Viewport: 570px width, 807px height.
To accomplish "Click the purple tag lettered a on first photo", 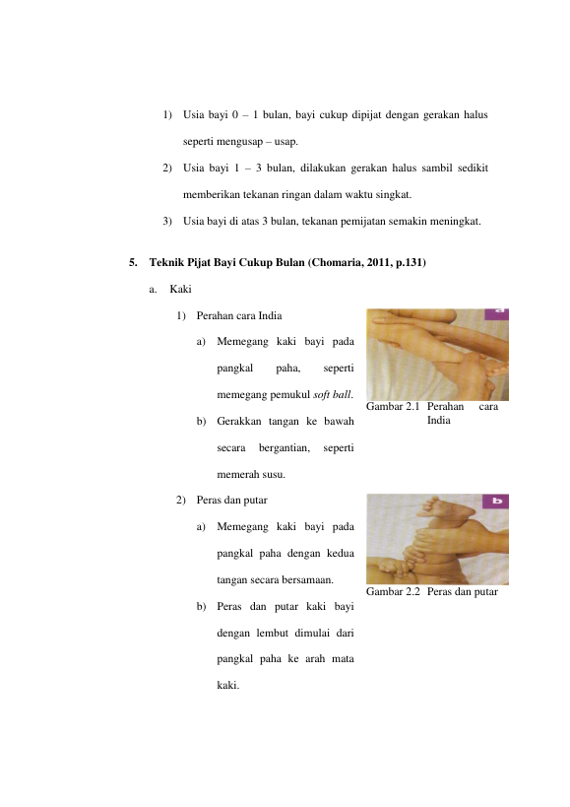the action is [496, 314].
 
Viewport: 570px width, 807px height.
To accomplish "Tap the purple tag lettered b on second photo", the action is [496, 501].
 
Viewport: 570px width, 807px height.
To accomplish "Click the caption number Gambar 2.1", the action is [393, 407].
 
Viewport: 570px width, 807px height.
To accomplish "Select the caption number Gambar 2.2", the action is [393, 592].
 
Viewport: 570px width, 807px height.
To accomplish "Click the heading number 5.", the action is [133, 262].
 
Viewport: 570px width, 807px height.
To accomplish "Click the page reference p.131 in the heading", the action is [411, 263].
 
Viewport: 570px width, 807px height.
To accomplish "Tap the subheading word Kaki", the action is [180, 290].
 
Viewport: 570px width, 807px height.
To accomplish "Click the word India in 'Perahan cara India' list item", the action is [270, 315].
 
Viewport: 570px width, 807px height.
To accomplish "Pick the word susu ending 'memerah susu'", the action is [273, 475].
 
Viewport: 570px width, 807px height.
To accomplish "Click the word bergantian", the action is [285, 448].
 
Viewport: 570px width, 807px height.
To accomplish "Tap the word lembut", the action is [273, 633].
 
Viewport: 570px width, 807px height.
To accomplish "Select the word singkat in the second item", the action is [393, 195].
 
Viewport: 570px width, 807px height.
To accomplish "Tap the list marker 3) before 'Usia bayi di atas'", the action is [167, 222].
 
